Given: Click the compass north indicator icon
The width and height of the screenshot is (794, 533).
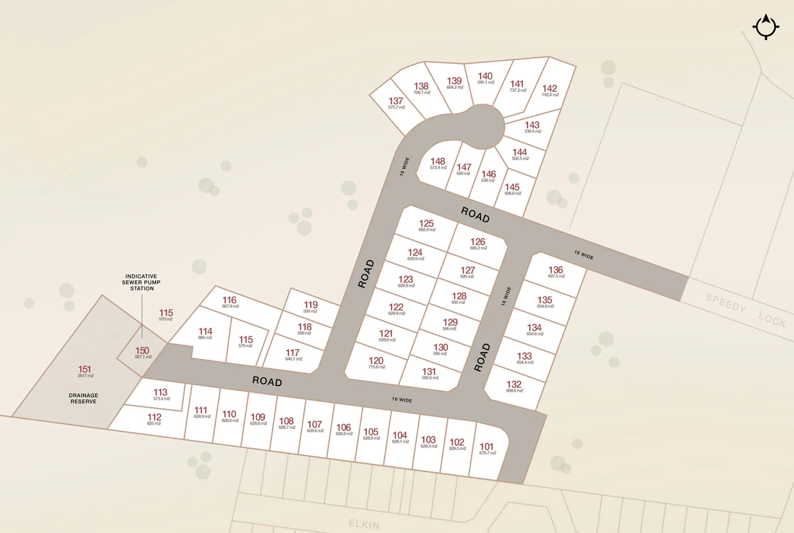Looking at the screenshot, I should point(766,27).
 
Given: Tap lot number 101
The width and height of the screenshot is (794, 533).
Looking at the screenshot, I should point(487,446).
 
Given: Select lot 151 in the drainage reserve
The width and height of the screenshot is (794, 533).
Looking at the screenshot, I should point(85,369).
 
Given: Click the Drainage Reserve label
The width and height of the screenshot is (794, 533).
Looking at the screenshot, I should point(83,399).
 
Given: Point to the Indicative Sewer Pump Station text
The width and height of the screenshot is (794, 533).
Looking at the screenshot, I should point(141,282).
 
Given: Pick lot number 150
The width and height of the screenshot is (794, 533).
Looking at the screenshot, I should point(142,351).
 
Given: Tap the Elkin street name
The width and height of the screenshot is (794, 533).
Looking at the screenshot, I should point(364,524).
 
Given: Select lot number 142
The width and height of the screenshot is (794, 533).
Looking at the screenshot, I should point(550,88).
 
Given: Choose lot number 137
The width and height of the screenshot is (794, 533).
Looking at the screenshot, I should point(396,101).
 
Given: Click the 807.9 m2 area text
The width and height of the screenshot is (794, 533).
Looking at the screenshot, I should point(230,306).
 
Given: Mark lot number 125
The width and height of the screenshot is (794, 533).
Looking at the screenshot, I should point(426,223).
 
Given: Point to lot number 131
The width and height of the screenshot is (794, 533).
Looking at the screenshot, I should point(429,371).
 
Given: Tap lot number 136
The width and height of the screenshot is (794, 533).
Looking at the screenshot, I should point(556,270).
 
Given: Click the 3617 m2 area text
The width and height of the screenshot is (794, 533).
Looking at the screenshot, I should point(86,376).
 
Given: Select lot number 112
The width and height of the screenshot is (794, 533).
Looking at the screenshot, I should point(154,417).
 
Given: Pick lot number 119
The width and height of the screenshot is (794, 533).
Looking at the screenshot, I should point(311,304).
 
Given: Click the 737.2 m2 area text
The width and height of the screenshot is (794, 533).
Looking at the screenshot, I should point(518,90).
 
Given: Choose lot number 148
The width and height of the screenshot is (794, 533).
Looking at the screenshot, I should point(438,162).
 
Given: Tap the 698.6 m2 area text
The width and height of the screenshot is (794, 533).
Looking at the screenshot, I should point(514,391).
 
